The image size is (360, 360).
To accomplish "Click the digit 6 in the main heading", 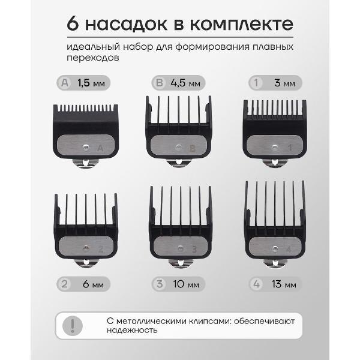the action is click(73, 23).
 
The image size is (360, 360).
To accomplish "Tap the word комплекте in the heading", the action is click(242, 25).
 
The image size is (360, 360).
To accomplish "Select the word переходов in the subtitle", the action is click(93, 58).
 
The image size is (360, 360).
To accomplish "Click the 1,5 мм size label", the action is click(91, 83).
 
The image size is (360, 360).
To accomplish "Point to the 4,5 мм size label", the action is click(185, 83).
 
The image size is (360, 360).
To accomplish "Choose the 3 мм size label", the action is click(284, 83).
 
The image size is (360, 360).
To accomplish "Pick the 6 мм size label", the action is click(93, 284).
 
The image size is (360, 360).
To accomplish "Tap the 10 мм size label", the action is click(186, 284).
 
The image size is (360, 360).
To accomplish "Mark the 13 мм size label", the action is click(284, 284).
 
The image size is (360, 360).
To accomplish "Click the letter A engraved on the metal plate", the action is click(100, 148).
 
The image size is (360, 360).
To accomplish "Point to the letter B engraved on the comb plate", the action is click(193, 149).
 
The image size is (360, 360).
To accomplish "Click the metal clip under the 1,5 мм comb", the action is click(85, 163).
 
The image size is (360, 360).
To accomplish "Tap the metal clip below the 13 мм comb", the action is click(275, 264).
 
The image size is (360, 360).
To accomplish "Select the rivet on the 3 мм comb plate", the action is click(274, 147).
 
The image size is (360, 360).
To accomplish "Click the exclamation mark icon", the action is click(73, 325).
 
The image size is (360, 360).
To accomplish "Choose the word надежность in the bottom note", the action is click(132, 331).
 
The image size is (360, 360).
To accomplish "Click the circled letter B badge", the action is click(160, 83).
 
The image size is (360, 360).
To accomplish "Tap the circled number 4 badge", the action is click(256, 284).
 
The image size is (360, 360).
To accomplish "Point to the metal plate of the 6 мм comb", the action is click(86, 246).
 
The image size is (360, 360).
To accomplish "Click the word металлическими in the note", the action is click(151, 321).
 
